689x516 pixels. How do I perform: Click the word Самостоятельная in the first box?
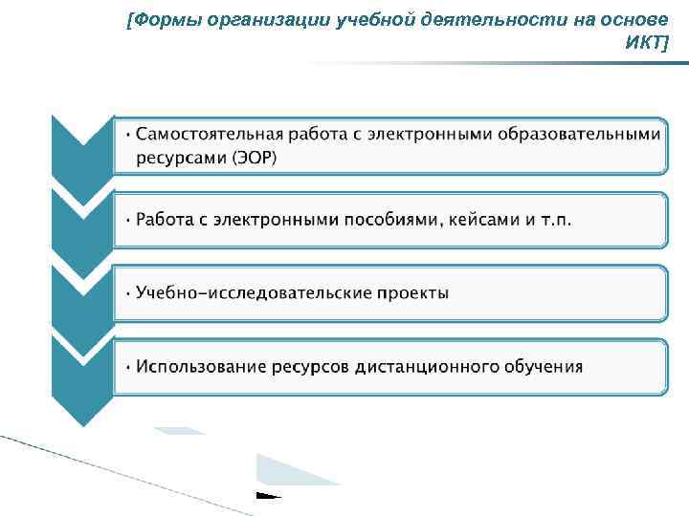[x=207, y=134]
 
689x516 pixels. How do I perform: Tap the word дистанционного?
[x=433, y=366]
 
